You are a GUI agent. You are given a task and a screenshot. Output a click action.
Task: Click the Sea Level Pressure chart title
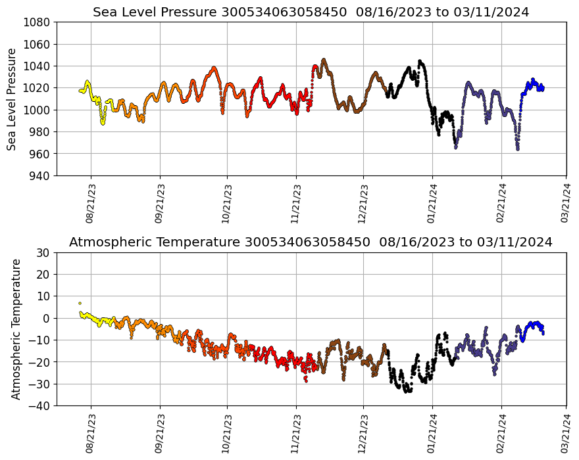311,12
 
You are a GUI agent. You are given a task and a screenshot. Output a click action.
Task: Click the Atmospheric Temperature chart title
311,242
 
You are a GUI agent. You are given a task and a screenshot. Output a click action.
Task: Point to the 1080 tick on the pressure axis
38,22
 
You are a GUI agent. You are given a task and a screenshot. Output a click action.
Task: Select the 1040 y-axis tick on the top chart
38,66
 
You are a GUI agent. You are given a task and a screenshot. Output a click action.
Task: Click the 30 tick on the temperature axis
43,252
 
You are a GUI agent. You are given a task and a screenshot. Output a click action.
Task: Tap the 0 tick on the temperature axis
47,318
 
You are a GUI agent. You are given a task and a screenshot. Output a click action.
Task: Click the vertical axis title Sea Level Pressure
12,99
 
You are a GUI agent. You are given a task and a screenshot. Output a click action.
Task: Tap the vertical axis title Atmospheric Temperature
16,329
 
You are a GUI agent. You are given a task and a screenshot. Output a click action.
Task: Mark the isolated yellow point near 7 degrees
80,303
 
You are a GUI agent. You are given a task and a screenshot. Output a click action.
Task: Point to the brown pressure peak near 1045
324,60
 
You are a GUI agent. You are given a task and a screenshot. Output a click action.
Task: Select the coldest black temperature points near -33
408,390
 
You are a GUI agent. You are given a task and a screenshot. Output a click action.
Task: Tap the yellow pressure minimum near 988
103,123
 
